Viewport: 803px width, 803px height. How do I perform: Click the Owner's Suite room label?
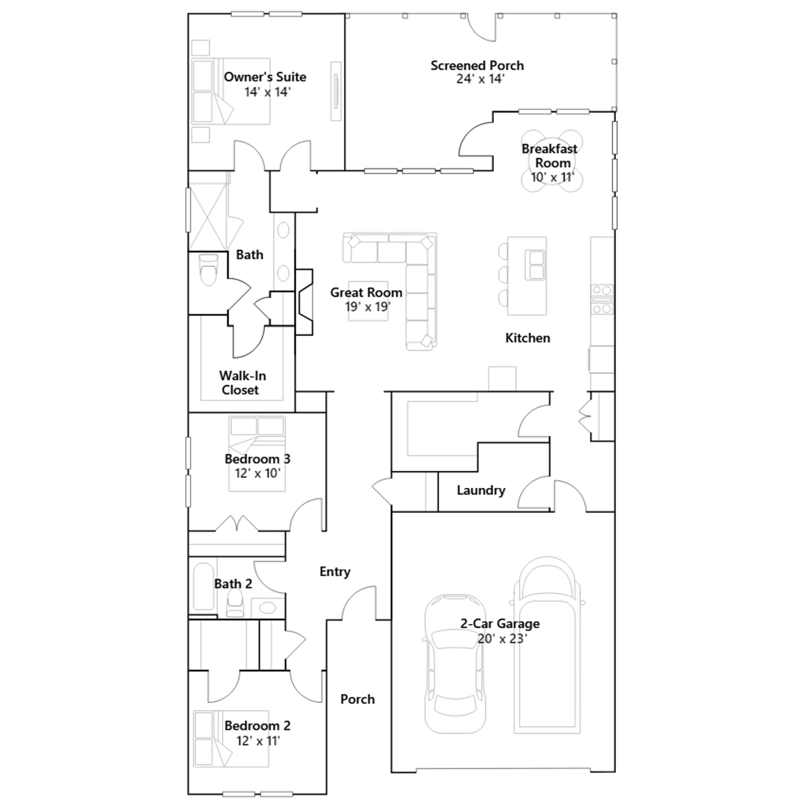click(265, 77)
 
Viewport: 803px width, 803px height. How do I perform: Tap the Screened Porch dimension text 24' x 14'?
click(480, 79)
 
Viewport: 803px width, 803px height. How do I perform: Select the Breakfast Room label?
click(550, 156)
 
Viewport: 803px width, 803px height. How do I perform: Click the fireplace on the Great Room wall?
click(304, 302)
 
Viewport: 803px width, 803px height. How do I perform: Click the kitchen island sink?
click(536, 264)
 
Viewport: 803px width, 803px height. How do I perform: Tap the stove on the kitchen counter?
click(602, 300)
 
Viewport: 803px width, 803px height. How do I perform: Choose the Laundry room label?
click(481, 490)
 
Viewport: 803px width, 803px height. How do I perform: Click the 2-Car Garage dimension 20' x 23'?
click(502, 639)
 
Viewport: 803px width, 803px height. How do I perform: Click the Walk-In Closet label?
click(242, 383)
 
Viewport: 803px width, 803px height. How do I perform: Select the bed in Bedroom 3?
click(257, 454)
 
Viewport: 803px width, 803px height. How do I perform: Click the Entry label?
click(335, 572)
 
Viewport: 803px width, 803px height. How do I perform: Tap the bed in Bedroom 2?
click(231, 739)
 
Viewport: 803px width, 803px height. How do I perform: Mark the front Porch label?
click(357, 699)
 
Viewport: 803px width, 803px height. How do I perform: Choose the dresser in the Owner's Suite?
click(336, 91)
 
